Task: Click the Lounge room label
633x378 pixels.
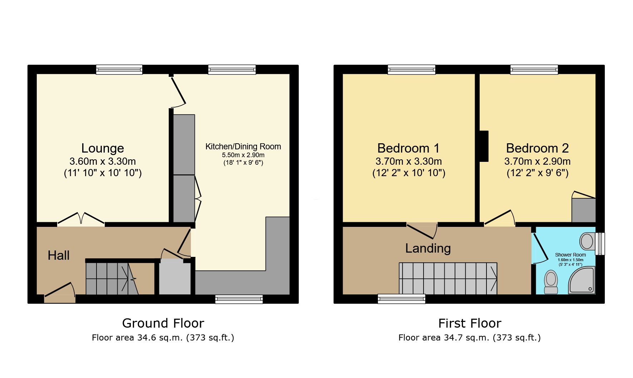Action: pos(103,148)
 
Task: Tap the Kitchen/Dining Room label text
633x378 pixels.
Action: pos(243,146)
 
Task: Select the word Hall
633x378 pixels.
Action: pos(59,255)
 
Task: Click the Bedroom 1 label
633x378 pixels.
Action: pos(408,148)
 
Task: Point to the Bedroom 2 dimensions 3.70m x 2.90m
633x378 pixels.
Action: pos(537,161)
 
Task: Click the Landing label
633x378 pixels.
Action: pos(428,248)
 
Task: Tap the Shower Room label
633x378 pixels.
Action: pos(570,255)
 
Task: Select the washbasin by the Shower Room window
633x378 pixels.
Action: pos(587,242)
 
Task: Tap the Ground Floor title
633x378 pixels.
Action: pos(163,323)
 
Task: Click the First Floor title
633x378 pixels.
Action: pos(470,323)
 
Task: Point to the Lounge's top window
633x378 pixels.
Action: pos(119,69)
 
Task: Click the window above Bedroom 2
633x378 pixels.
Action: pos(534,69)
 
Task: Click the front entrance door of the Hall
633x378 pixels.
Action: pos(60,292)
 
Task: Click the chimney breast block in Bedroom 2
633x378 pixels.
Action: pos(484,146)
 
